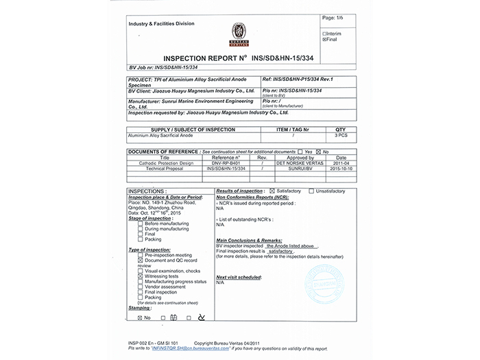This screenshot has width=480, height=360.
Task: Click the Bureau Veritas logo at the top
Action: (x=239, y=32)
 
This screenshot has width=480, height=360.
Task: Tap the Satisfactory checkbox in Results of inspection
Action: (x=272, y=191)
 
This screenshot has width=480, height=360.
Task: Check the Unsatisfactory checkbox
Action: (x=312, y=191)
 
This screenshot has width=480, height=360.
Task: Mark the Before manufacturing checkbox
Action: (x=141, y=224)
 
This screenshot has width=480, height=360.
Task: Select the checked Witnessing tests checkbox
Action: (x=141, y=275)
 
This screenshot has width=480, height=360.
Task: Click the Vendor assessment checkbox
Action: (x=141, y=286)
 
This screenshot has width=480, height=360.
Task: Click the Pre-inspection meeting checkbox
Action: (x=141, y=254)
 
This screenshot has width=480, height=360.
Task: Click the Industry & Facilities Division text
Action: (x=162, y=24)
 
